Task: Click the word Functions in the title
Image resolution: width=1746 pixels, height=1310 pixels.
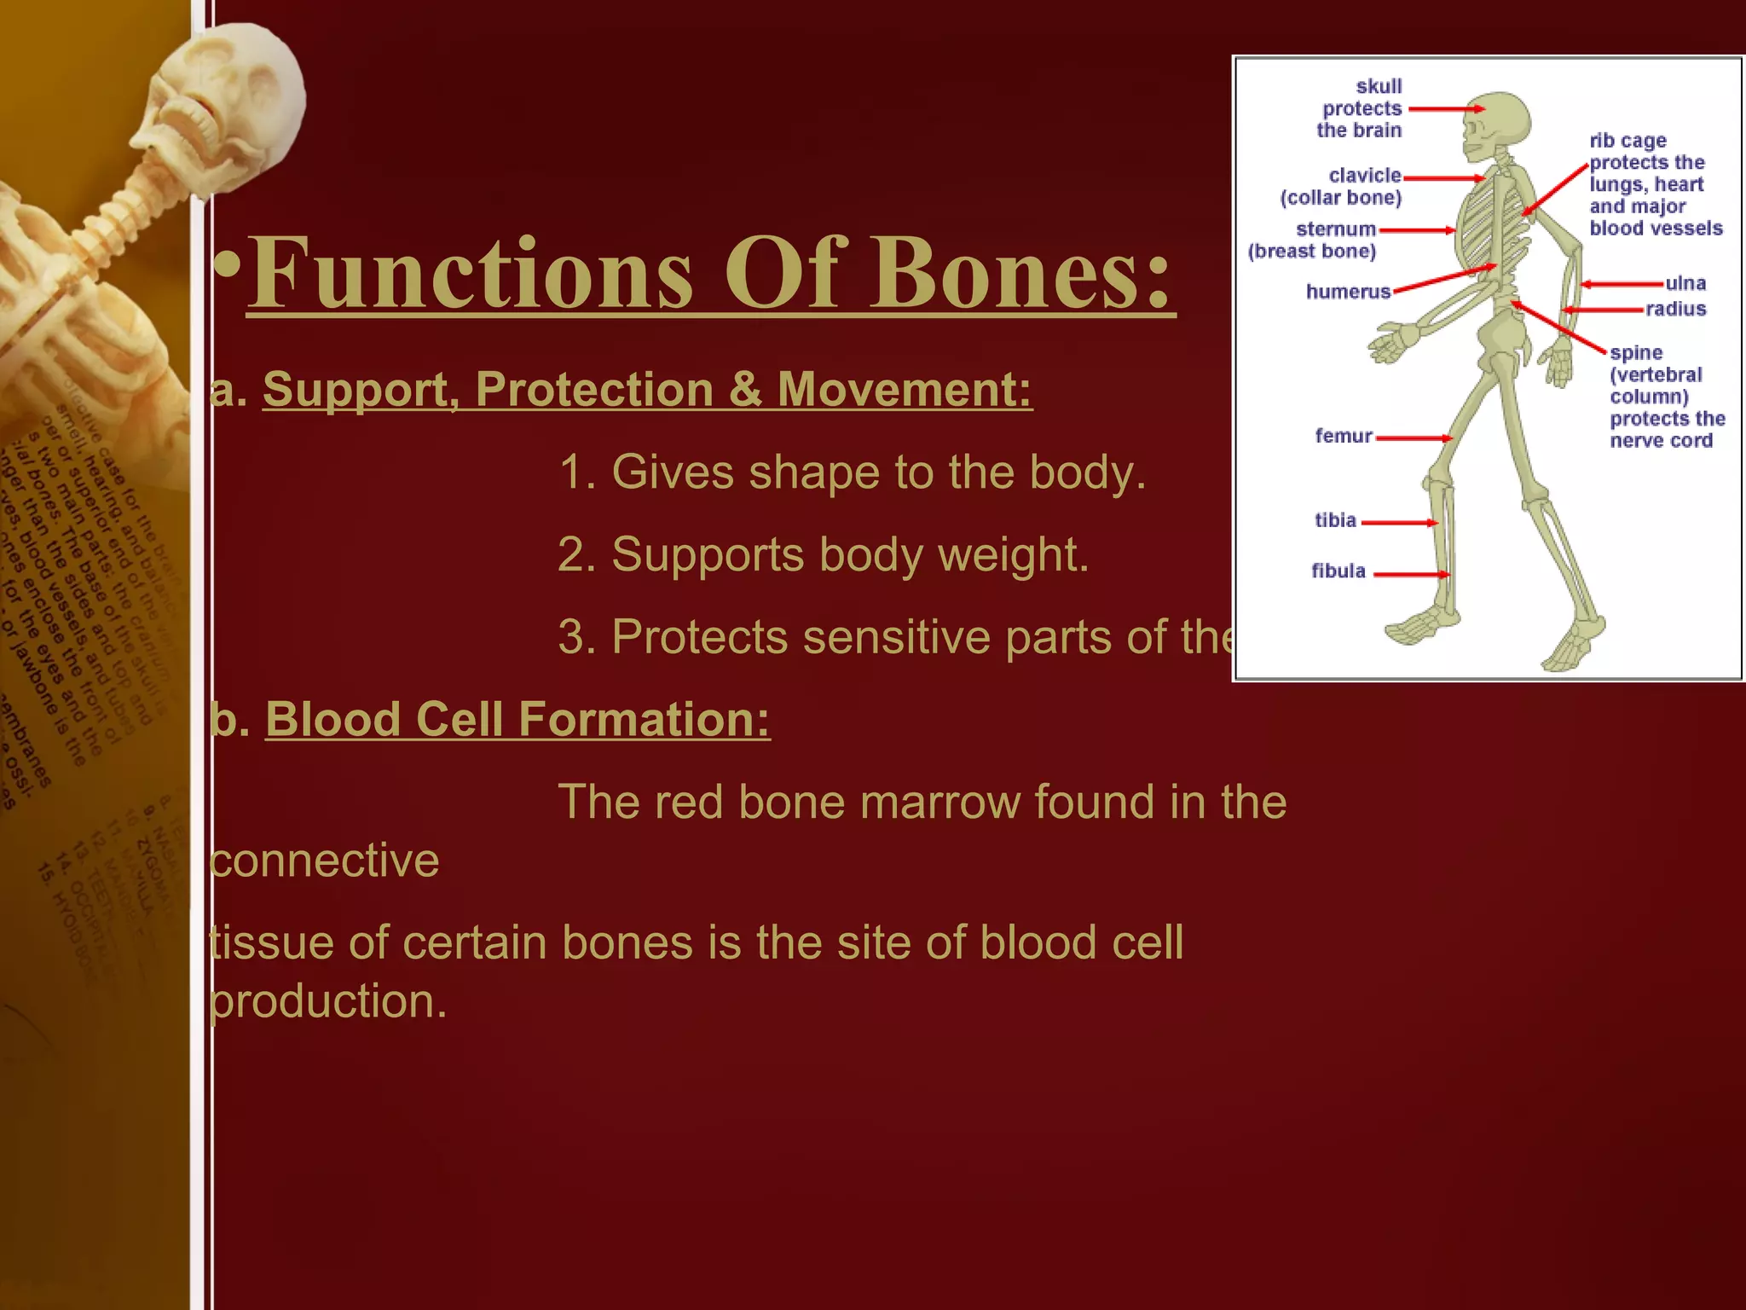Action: (469, 273)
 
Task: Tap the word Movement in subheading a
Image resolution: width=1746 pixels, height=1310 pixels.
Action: (904, 390)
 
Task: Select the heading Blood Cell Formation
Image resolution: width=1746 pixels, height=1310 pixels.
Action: (517, 719)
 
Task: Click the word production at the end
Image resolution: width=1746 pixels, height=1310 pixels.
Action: (328, 1001)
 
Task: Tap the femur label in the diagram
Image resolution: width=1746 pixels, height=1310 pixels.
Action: (1344, 436)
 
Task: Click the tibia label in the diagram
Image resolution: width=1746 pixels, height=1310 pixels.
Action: (1335, 520)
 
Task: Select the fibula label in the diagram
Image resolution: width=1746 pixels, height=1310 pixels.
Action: (1338, 571)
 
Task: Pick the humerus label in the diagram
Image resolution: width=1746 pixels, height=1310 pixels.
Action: (1348, 292)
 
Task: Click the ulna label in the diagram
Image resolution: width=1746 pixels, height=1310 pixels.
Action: (1685, 283)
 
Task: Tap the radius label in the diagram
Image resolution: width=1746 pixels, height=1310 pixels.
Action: (1675, 309)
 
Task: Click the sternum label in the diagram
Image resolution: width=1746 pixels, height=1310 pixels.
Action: (1335, 229)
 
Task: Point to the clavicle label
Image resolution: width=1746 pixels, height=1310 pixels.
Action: (1364, 176)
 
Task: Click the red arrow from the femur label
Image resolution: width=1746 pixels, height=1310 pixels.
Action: (1414, 438)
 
